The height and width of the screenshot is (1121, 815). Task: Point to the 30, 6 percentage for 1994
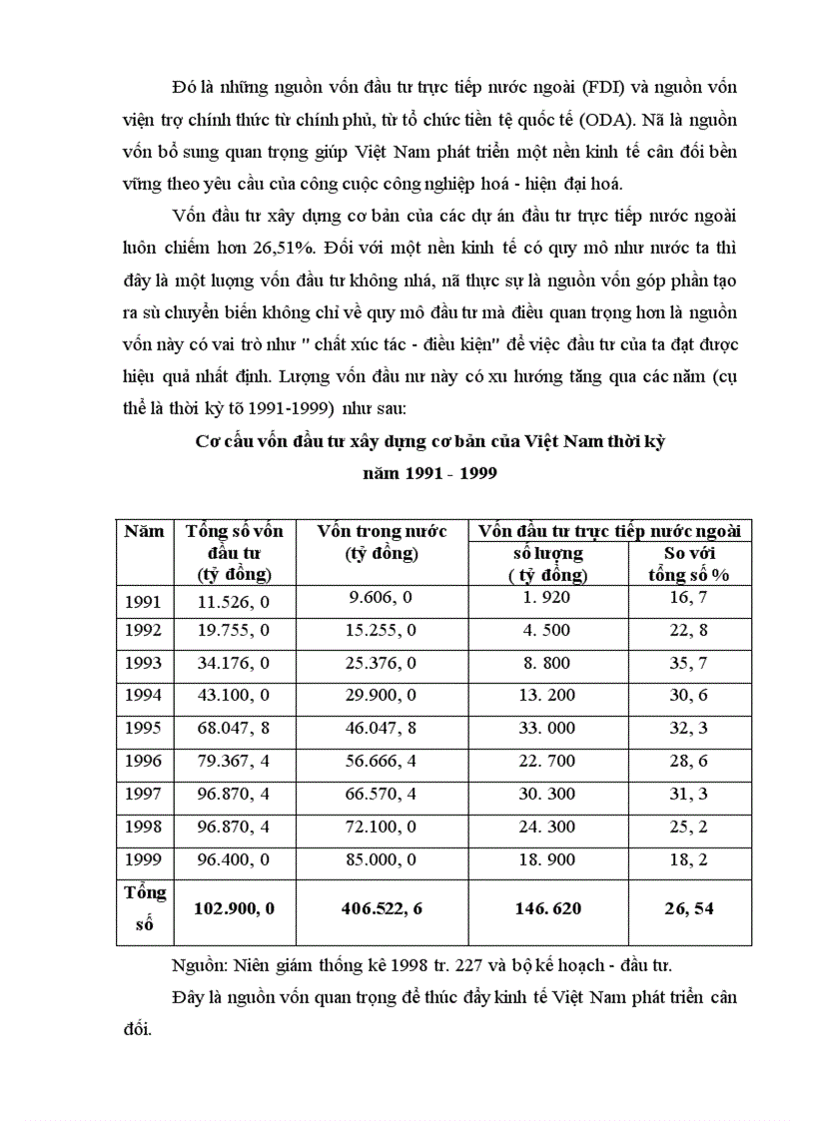pos(689,696)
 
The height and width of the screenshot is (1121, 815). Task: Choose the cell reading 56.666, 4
pos(382,761)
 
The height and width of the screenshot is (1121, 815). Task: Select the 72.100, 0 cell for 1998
pos(382,827)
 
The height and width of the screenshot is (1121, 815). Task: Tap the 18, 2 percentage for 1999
pos(689,859)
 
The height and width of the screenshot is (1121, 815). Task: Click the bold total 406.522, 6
pos(382,909)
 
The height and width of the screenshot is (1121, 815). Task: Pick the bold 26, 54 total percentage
pos(689,909)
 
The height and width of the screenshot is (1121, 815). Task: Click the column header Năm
pos(144,532)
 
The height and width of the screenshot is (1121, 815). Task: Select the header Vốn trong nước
pos(382,532)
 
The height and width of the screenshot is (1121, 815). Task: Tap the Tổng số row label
pos(144,907)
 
